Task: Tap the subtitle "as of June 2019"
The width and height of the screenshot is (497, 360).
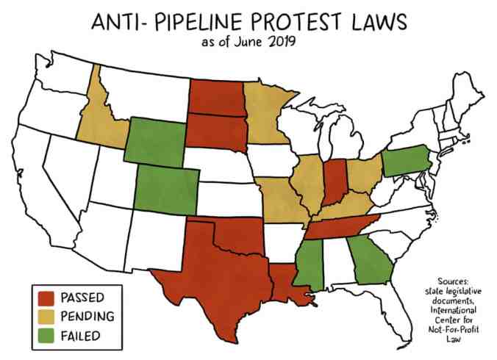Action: (x=248, y=42)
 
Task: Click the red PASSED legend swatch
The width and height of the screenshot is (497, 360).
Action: (x=46, y=298)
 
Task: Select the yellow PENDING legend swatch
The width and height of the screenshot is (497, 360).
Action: (x=46, y=317)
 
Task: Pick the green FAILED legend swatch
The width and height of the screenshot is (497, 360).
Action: (x=46, y=336)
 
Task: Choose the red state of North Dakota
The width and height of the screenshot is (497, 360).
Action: (x=215, y=95)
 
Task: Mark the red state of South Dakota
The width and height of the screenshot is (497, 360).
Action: (x=215, y=129)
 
